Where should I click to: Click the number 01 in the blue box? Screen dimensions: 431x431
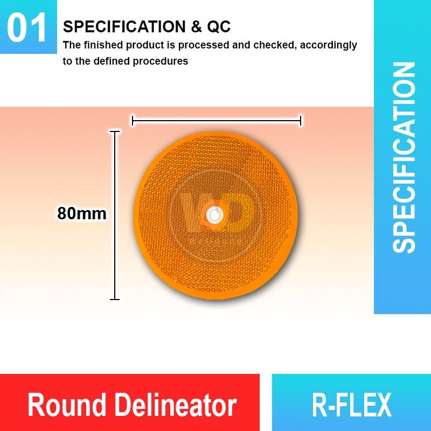coord(28,28)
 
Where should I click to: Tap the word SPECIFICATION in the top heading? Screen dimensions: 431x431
coord(124,26)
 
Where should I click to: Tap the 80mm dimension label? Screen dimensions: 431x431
coord(82,214)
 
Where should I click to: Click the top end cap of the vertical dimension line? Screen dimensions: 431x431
coord(114,131)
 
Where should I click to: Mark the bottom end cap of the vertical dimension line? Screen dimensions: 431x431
coord(114,299)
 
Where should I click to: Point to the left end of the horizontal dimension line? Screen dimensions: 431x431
coord(133,121)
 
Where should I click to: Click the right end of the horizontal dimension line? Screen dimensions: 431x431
coord(301,121)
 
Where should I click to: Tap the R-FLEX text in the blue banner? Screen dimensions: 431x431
coord(351,405)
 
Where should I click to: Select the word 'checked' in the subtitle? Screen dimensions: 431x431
coord(274,45)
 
